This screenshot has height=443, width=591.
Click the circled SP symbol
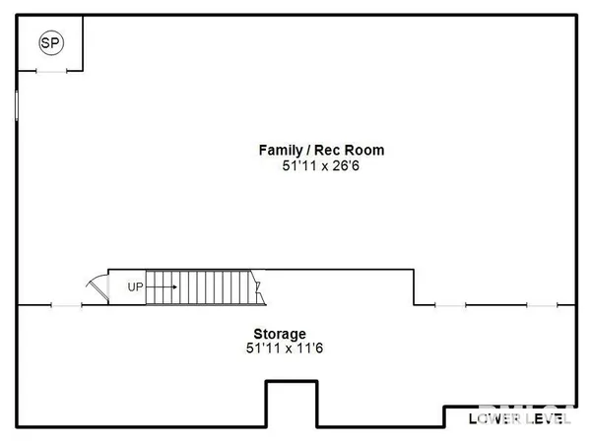click(x=49, y=42)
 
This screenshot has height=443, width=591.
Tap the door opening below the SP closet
click(x=50, y=70)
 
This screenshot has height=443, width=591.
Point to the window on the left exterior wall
click(x=18, y=104)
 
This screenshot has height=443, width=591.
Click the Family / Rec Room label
click(x=320, y=151)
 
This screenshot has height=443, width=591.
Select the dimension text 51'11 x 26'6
click(x=320, y=166)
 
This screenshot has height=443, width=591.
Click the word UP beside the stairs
click(x=136, y=286)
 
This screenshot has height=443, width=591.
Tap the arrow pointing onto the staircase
click(x=164, y=286)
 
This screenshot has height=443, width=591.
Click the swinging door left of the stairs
click(x=97, y=288)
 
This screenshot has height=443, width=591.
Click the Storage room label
click(x=280, y=334)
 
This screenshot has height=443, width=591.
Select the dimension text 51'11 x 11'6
click(x=280, y=348)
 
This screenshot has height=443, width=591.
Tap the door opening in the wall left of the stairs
click(x=66, y=305)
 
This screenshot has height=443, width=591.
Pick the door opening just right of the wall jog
click(x=450, y=305)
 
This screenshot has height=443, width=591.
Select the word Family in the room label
click(x=279, y=151)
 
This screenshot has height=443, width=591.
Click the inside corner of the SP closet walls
click(x=82, y=69)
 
